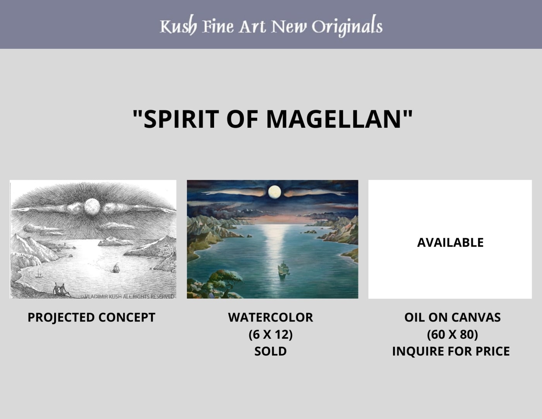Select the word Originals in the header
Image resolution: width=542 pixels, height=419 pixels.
347,26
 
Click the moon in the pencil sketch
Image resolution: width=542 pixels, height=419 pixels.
92,206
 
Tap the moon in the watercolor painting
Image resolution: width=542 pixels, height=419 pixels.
274,192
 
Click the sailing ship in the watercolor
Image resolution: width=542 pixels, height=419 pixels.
283,268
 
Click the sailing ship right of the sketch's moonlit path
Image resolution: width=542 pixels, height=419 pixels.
116,268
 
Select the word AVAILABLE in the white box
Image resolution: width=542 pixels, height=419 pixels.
450,242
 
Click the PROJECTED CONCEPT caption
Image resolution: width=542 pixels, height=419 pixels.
91,318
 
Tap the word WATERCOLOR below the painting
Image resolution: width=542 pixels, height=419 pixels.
270,317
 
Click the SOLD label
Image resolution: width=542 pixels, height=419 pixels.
270,351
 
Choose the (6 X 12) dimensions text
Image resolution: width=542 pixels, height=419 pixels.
270,335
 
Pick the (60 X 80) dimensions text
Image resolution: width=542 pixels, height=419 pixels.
452,335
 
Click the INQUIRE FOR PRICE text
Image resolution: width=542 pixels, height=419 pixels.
451,351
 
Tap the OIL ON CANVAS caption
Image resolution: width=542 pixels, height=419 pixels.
452,317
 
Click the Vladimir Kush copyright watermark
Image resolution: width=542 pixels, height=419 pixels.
127,296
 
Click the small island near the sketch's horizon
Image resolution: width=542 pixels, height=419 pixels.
115,241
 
